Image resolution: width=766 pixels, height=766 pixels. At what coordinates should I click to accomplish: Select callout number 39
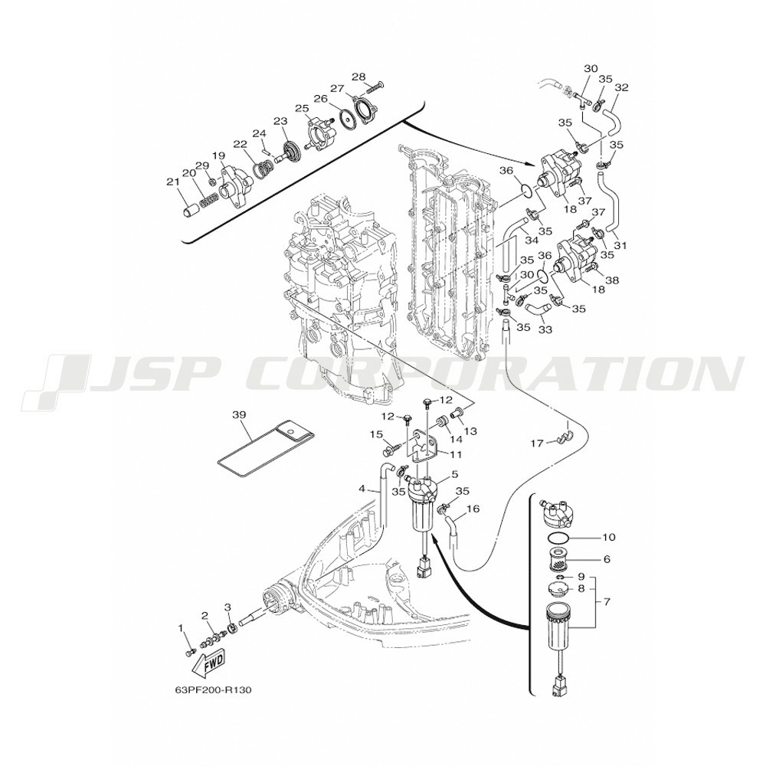pos(239,414)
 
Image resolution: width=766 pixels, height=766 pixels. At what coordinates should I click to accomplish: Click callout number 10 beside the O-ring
pos(609,538)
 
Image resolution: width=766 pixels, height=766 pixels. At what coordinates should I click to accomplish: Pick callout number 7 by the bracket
pos(607,602)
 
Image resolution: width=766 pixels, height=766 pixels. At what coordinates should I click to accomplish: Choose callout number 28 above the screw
pos(358,77)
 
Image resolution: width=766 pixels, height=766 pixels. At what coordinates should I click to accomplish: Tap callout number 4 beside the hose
pos(362,488)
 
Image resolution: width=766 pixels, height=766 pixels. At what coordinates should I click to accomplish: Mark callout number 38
pos(611,280)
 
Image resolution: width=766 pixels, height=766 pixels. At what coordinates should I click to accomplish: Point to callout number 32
pos(622,87)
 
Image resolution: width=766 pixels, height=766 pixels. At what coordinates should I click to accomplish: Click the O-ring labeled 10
pos(557,538)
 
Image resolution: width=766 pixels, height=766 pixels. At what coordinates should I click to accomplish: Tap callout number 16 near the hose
pos(473,509)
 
